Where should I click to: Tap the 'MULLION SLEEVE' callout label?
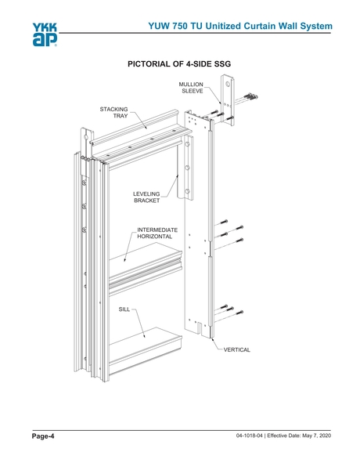(191, 87)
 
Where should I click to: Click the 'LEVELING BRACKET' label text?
(146, 197)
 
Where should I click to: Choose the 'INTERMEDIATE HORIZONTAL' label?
(158, 233)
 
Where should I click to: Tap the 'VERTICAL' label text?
(237, 349)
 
